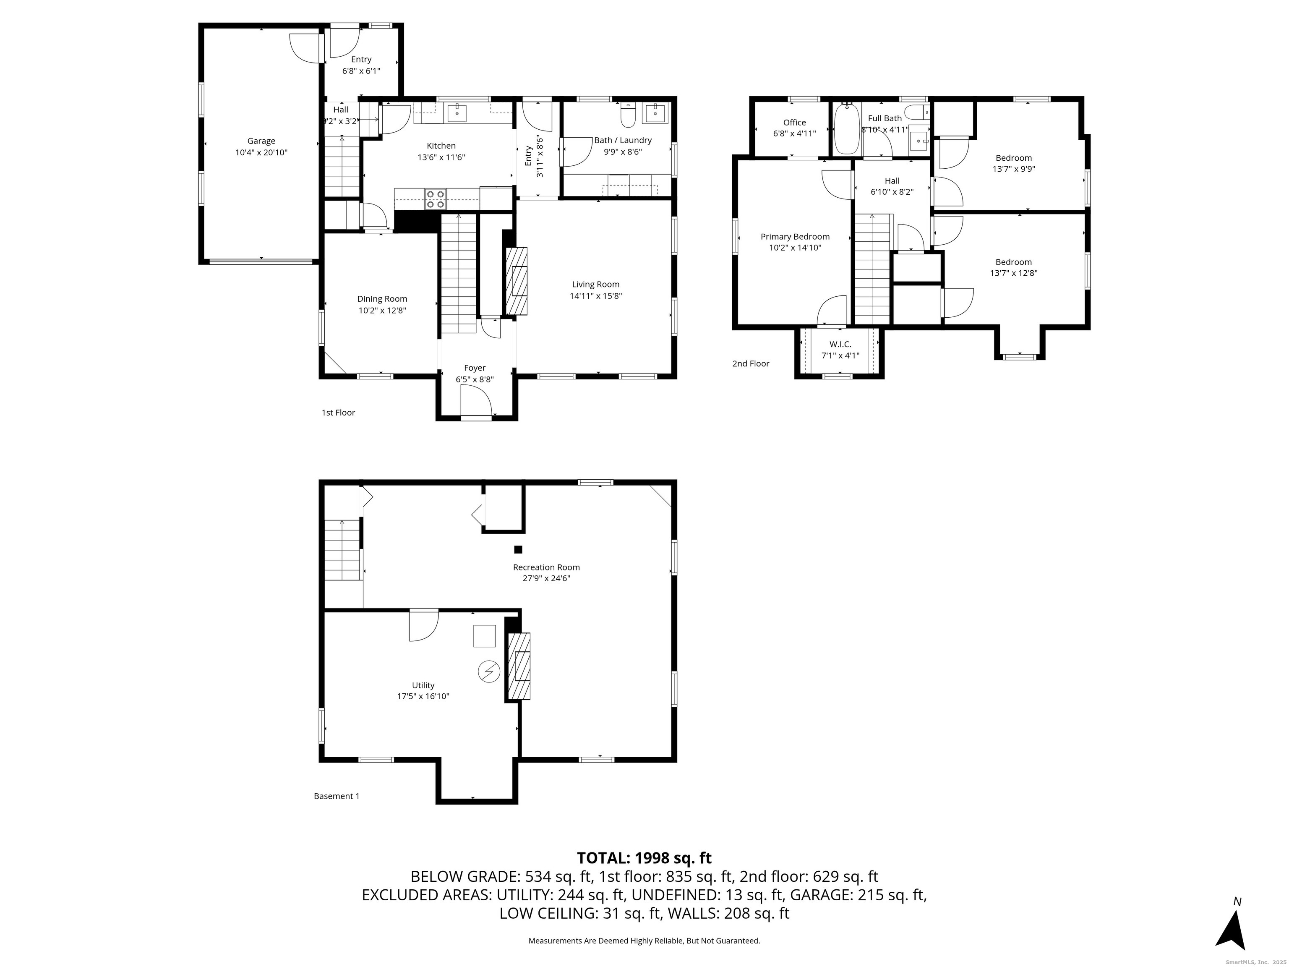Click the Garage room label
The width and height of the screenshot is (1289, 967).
(261, 141)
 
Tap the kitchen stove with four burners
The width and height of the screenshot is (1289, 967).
(435, 199)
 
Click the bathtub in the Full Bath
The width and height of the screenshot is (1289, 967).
(844, 129)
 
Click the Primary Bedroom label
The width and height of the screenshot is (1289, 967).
(794, 237)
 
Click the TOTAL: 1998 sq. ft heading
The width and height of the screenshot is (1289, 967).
(644, 858)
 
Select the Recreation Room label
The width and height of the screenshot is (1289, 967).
(546, 567)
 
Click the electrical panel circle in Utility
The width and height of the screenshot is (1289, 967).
(488, 672)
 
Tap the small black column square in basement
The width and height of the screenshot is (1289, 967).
(518, 549)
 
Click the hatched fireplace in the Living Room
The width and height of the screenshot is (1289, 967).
(516, 281)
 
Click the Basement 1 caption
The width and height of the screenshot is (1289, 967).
(336, 796)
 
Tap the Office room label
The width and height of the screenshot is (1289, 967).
(794, 123)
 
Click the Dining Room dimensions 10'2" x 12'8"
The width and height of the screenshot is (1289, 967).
(382, 311)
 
